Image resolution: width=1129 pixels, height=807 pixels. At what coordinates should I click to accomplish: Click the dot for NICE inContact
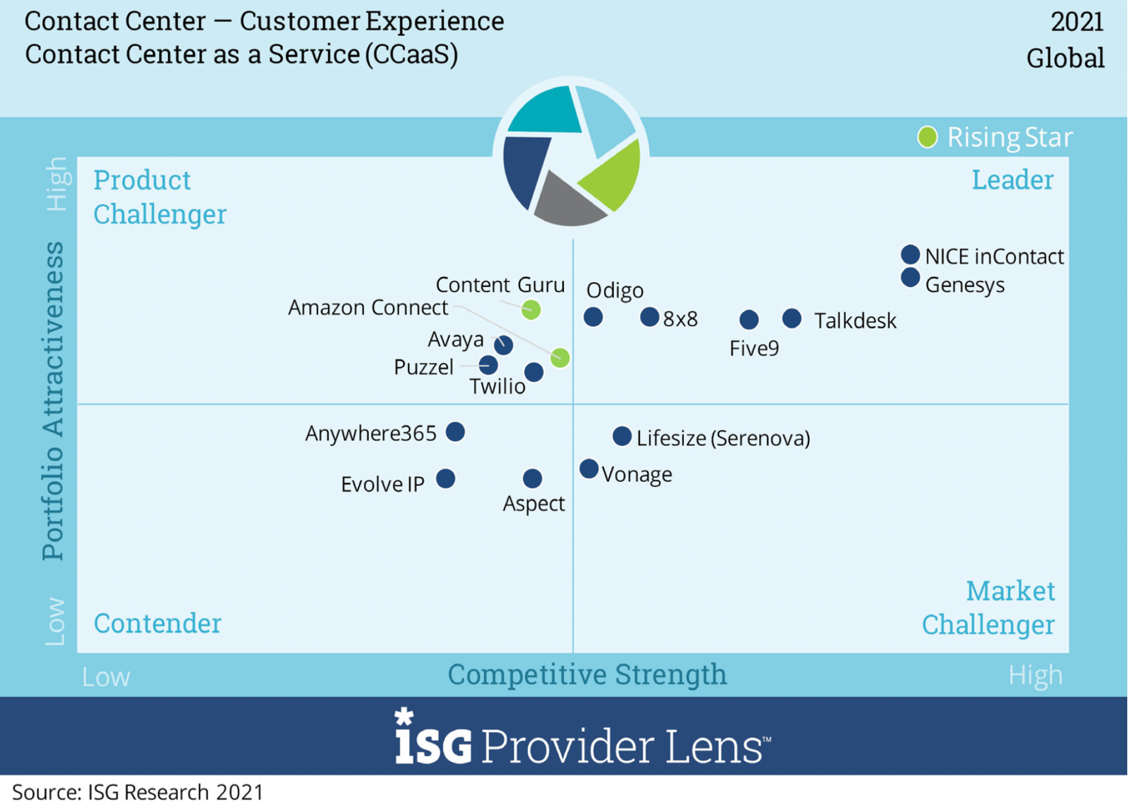click(911, 255)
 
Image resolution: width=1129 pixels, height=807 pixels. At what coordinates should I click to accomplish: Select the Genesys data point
click(911, 278)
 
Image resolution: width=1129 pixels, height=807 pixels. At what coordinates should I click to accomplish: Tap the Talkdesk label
click(855, 321)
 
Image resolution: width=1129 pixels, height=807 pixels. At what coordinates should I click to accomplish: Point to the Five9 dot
click(749, 320)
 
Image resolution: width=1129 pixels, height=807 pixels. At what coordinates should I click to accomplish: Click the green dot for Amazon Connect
click(560, 358)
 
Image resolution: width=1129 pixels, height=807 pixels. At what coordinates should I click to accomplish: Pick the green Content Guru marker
click(532, 309)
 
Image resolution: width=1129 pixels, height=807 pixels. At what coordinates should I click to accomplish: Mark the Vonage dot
click(589, 469)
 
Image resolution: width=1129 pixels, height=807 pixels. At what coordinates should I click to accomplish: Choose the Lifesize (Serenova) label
click(723, 438)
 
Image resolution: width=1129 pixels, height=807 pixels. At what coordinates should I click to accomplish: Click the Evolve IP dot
click(446, 479)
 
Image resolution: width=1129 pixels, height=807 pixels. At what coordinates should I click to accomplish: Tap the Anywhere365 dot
click(456, 432)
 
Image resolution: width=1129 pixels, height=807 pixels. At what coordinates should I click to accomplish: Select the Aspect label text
click(534, 504)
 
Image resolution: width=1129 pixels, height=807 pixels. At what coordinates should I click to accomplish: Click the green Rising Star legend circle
click(928, 138)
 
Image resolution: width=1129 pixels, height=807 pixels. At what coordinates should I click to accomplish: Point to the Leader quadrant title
click(1012, 180)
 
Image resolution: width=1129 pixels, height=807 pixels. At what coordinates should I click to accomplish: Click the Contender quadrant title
click(158, 623)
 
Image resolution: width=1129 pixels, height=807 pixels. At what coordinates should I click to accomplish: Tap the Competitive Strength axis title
click(587, 675)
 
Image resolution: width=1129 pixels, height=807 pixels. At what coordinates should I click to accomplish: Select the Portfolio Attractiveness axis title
click(53, 400)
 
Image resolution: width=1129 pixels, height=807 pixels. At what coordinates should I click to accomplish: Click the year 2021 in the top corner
click(1077, 22)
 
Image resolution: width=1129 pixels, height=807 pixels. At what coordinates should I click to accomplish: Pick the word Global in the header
click(1065, 58)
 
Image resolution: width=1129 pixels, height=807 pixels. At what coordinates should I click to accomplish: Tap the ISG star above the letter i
click(404, 716)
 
